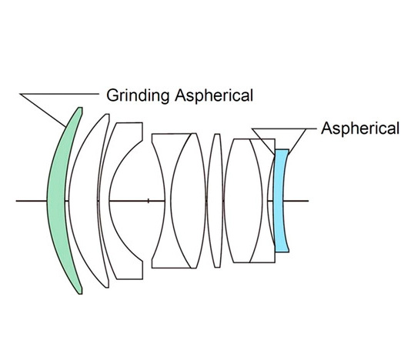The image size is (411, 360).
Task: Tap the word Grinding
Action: (138, 95)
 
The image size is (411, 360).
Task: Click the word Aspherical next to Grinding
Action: (214, 95)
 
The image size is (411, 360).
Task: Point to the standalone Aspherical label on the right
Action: (360, 128)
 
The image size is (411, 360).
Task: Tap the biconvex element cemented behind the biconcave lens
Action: (189, 201)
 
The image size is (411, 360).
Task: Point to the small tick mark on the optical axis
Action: (149, 201)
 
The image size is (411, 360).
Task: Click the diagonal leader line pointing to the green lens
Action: (43, 110)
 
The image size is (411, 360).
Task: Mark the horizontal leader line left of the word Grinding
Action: (59, 94)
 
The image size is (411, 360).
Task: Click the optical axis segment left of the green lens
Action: (32, 201)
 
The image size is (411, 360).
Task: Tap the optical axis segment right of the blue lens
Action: (296, 201)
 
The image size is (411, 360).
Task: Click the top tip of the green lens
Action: (80, 108)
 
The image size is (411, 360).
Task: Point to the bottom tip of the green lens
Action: (81, 294)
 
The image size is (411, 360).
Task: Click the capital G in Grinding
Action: (112, 95)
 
